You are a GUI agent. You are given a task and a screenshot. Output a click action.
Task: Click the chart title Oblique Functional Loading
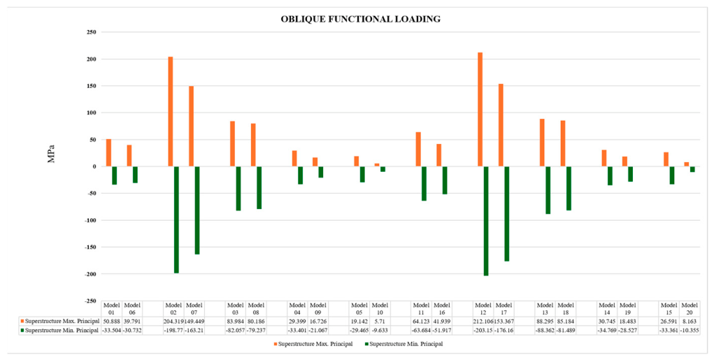[360, 19]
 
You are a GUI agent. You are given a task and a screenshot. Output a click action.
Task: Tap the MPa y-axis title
[51, 154]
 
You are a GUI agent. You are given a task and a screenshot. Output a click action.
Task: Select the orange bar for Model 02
[171, 112]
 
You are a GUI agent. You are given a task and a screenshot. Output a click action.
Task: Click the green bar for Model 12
[486, 221]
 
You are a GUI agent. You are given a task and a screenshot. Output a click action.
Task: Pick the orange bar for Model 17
[501, 125]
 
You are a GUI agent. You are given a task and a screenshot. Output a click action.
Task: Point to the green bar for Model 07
[197, 210]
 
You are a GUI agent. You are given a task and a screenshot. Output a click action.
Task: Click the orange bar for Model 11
[418, 150]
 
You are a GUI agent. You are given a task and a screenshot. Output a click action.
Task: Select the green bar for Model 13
[548, 190]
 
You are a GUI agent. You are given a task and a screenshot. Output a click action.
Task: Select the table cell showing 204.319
[173, 322]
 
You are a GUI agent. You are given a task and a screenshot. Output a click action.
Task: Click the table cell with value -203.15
[483, 331]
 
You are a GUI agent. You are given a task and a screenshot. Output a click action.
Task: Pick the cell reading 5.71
[380, 322]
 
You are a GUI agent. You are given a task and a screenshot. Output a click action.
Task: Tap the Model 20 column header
[690, 308]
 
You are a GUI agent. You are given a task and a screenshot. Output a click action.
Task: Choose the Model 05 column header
[359, 308]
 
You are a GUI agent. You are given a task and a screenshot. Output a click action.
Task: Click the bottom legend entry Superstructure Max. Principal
[313, 344]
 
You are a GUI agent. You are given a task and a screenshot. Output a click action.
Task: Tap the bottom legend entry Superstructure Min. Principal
[404, 344]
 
